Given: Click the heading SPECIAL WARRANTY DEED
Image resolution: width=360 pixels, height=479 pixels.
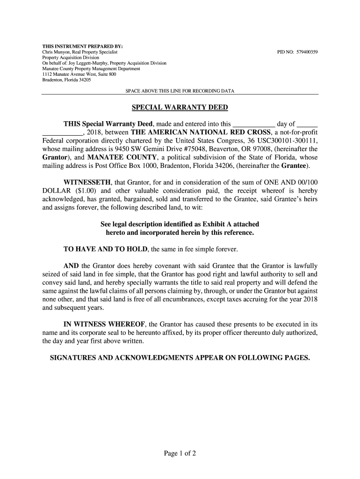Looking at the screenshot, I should (180, 108).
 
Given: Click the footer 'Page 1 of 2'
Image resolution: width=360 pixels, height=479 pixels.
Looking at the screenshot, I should (180, 453).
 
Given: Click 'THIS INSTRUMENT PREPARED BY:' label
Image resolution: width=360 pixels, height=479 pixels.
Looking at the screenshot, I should (76, 46).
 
